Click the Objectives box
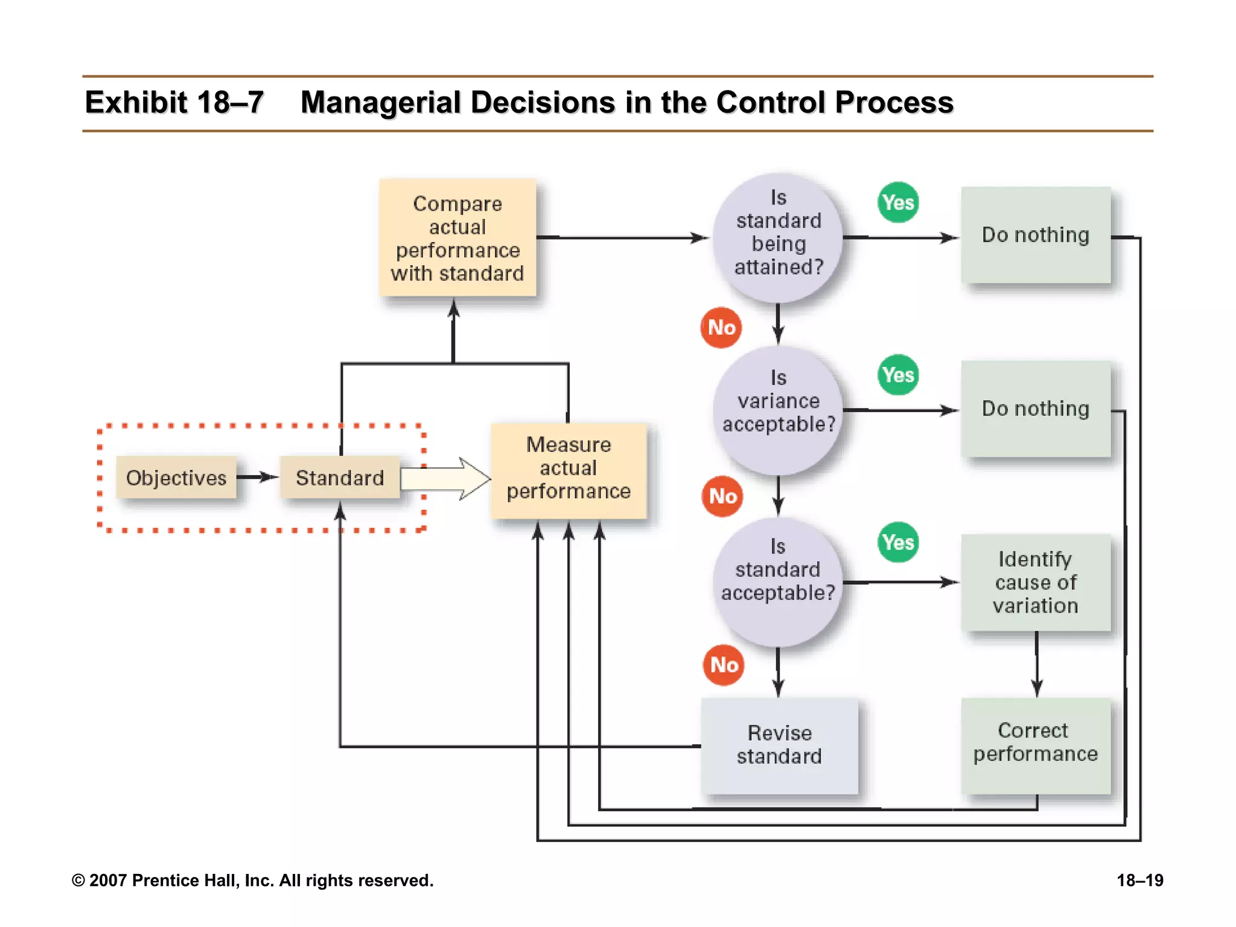(176, 477)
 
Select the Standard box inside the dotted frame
(340, 477)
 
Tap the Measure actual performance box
(569, 469)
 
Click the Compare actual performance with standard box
(457, 238)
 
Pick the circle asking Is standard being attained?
(778, 237)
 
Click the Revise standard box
(779, 745)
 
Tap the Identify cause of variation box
(1036, 582)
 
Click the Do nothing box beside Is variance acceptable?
(1036, 409)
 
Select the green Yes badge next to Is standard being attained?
(898, 202)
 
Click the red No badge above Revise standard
(724, 664)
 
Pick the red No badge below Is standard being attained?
(721, 327)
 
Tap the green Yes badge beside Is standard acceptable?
(898, 542)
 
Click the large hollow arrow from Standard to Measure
(447, 479)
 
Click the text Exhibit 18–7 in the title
(174, 103)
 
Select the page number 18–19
(1139, 881)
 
